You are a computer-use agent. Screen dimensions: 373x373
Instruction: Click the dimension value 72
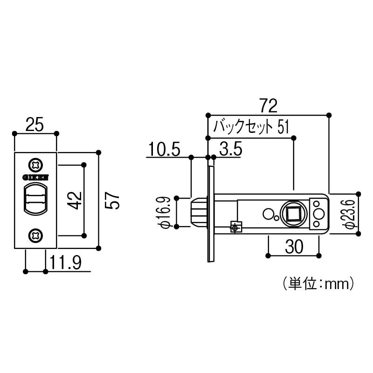click(x=268, y=105)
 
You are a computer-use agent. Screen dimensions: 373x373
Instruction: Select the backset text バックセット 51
click(x=251, y=127)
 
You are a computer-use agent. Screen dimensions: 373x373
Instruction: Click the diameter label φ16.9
click(x=166, y=212)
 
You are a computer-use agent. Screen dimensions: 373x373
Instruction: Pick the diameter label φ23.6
click(x=351, y=212)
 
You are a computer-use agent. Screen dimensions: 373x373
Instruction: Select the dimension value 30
click(x=293, y=247)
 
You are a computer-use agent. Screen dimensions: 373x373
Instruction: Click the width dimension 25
click(x=35, y=124)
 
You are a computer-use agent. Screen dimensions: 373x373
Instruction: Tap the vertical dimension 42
click(x=76, y=200)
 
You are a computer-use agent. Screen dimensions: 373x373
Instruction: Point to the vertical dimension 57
click(x=114, y=200)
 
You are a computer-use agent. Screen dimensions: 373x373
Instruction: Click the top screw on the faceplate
click(x=36, y=166)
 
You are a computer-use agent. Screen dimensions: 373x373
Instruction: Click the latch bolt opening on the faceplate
click(x=36, y=200)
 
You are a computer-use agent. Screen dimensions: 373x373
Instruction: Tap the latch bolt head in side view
click(x=199, y=213)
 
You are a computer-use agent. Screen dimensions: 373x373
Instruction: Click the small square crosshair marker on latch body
click(x=235, y=227)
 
